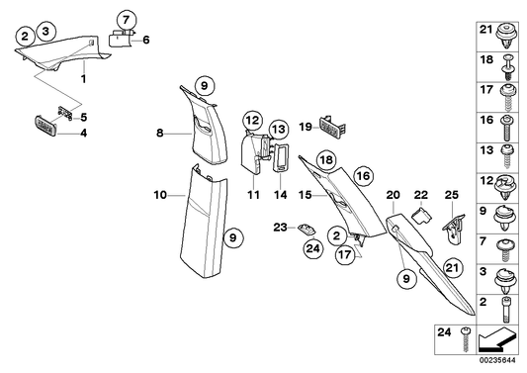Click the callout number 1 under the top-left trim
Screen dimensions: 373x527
point(84,77)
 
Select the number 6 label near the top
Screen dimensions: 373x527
point(146,41)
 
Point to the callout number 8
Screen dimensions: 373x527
point(159,130)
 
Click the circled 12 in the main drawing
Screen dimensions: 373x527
point(252,122)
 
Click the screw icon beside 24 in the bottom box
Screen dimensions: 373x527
point(467,341)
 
